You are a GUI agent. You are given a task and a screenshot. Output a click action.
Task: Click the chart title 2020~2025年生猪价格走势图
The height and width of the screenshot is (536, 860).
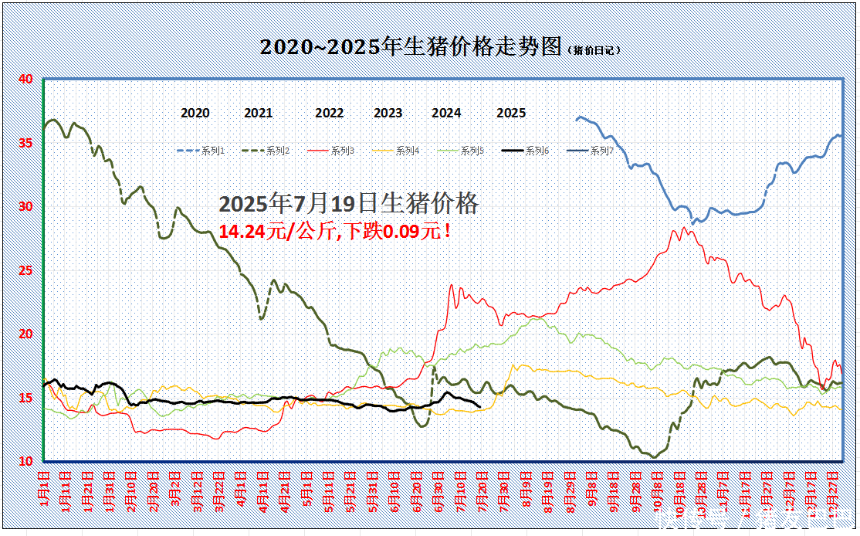click(x=410, y=47)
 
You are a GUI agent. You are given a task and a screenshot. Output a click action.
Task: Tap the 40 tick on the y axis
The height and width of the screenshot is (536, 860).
click(x=25, y=79)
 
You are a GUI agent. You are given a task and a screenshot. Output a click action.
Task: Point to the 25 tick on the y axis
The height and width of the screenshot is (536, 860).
click(x=25, y=270)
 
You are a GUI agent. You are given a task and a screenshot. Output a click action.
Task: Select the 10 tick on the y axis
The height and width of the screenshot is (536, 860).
click(x=25, y=461)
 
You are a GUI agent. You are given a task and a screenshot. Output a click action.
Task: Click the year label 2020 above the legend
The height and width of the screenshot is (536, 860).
click(x=195, y=113)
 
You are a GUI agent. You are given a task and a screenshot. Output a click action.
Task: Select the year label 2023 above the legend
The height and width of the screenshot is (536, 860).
click(x=388, y=113)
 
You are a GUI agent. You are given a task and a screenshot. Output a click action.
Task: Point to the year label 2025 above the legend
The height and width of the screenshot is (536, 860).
click(x=511, y=113)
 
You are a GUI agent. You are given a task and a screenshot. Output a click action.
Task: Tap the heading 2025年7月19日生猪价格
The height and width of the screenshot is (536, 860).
click(x=349, y=204)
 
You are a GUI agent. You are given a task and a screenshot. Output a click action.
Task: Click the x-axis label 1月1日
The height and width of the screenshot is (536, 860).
click(x=45, y=487)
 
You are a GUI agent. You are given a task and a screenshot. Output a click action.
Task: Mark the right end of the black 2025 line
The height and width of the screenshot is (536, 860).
click(x=480, y=406)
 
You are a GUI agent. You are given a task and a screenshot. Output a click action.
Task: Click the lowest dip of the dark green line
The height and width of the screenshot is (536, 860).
click(x=654, y=457)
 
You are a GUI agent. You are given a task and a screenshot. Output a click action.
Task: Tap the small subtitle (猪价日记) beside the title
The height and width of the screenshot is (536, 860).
click(x=594, y=50)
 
